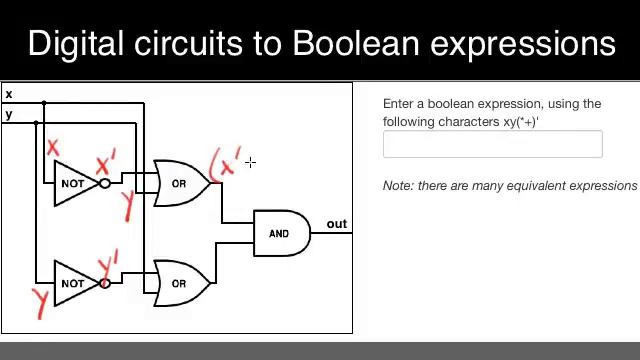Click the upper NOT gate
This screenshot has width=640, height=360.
pos(74,184)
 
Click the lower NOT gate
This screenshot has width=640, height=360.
pos(74,283)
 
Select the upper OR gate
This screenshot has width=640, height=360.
pos(180,183)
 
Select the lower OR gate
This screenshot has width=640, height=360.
pos(180,283)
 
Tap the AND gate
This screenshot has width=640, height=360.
pos(280,233)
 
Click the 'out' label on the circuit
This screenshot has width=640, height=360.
pos(336,223)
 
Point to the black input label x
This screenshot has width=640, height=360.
pos(9,94)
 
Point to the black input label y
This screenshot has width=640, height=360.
pos(9,114)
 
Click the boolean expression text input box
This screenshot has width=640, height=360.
pos(492,145)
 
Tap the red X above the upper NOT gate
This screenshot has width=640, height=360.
pos(52,149)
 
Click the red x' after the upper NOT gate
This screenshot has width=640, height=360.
pos(106,162)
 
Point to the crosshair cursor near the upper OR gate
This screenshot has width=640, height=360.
pos(249,161)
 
